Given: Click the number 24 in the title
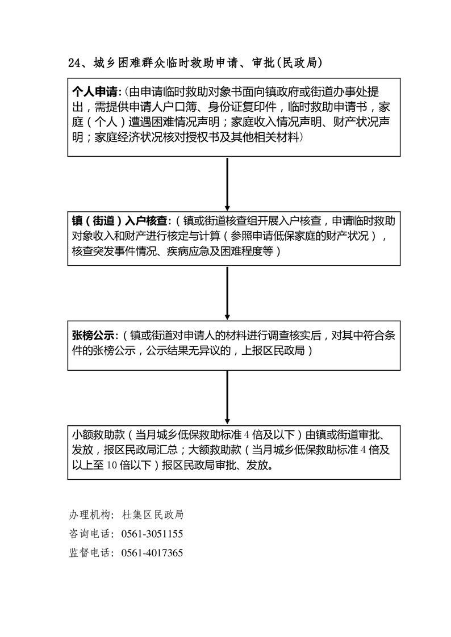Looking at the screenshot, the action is [x=74, y=63].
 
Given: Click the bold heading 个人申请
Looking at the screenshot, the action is [x=95, y=92].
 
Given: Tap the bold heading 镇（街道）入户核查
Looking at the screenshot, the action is [x=119, y=221].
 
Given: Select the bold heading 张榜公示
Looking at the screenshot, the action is [x=94, y=336].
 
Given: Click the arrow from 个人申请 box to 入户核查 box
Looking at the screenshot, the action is [x=227, y=184].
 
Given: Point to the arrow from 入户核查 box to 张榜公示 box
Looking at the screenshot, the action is [x=227, y=293].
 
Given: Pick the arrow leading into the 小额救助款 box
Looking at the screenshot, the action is [x=227, y=398].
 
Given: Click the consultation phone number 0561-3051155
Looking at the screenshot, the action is [x=152, y=534].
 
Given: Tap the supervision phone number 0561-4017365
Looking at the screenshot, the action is [x=152, y=553].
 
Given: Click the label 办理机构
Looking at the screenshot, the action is [x=89, y=515].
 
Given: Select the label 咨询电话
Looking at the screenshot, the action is [x=89, y=534].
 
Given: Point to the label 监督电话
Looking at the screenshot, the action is [x=89, y=553].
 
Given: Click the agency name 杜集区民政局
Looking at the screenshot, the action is [x=153, y=515].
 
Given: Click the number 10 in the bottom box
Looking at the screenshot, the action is [x=112, y=465].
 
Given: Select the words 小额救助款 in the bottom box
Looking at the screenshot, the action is [x=98, y=435].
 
